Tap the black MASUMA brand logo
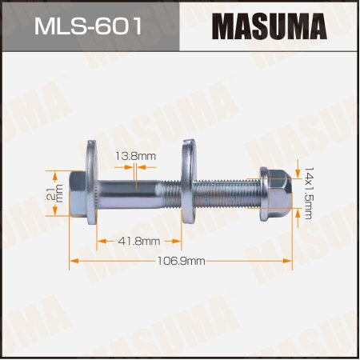[x=270, y=28]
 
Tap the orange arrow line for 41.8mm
[x=112, y=240]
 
